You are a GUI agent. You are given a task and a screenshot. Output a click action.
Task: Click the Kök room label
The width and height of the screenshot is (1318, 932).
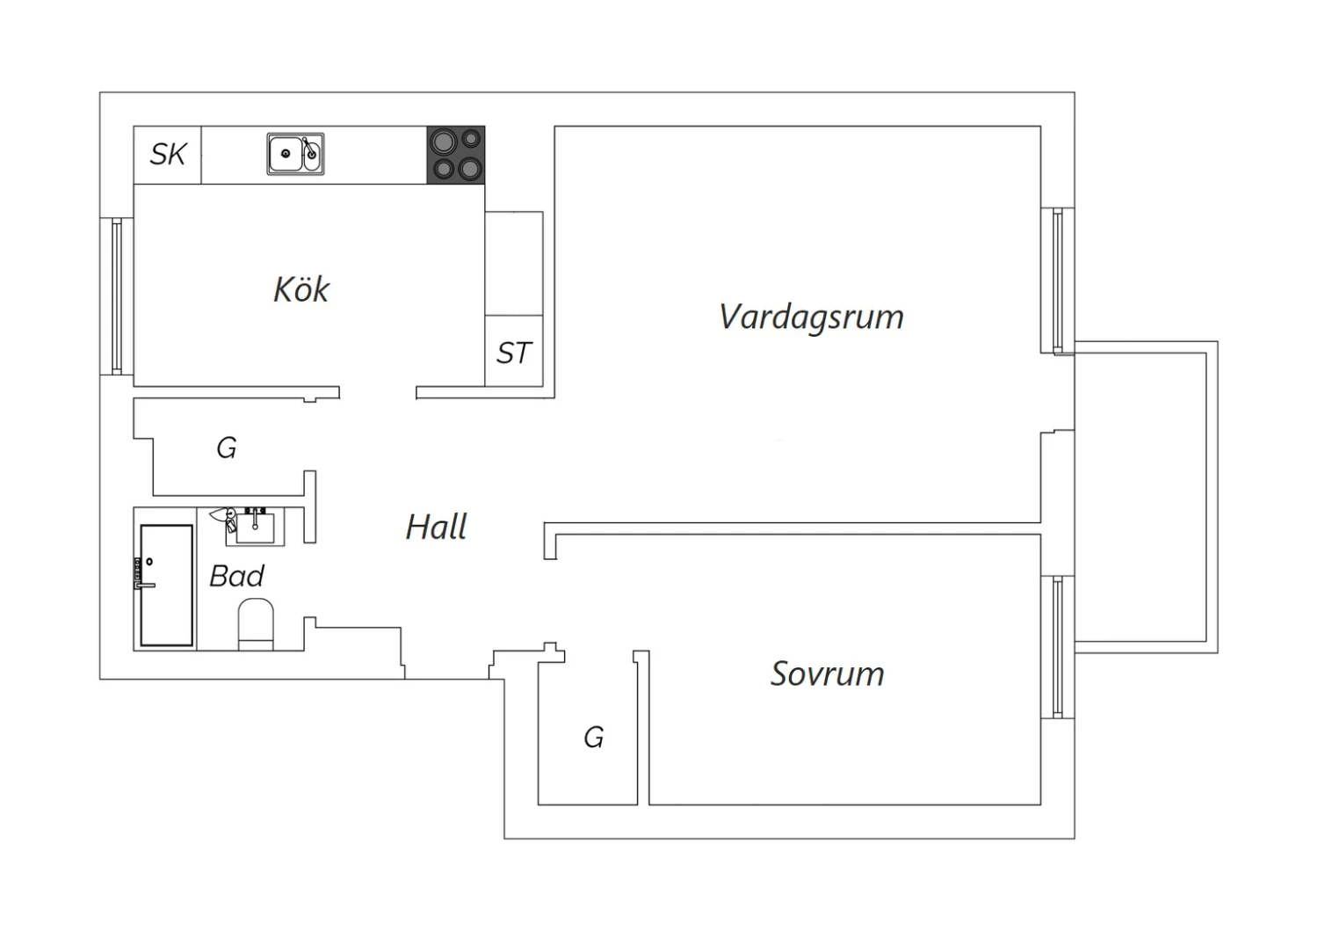pos(301,289)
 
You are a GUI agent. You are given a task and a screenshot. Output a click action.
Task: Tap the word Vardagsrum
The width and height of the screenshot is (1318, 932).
pos(811,317)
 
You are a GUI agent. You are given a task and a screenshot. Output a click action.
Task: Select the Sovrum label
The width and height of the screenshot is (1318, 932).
pos(828,674)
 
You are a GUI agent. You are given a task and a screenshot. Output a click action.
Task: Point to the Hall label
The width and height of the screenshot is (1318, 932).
pos(436,527)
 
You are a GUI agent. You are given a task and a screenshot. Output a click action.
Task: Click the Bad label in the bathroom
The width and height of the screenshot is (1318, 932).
pos(236,576)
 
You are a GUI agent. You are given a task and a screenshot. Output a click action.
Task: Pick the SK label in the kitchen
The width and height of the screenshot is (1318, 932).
pos(168,154)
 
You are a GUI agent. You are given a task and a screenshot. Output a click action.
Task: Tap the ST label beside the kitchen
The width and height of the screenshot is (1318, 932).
pos(514,353)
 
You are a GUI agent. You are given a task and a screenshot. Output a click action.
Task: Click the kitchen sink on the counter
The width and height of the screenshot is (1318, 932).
pos(295,154)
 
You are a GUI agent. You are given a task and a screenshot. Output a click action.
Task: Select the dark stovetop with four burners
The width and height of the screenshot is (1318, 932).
pos(456,155)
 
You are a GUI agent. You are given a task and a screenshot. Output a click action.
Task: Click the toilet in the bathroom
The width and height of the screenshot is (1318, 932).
pos(256,624)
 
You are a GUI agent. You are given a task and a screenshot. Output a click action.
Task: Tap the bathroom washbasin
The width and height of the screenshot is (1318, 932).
pos(255,526)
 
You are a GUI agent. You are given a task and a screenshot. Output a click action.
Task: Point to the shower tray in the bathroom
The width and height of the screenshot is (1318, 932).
pos(167,586)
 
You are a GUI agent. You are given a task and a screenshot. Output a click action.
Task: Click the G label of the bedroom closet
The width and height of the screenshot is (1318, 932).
pos(594,737)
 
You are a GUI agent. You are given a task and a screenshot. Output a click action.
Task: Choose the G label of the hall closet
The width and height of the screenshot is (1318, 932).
pos(227,448)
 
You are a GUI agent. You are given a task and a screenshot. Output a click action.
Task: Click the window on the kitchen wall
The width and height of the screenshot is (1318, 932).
pos(117,296)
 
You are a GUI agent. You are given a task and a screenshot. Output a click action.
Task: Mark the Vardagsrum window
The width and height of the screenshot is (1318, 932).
pos(1057,280)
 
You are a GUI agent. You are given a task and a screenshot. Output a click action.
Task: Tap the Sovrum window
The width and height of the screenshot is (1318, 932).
pos(1057,647)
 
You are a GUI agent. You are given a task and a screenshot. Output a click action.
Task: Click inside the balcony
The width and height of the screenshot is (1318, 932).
pos(1140,498)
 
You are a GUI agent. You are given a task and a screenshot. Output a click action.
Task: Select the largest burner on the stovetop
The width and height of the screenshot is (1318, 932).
pos(443,142)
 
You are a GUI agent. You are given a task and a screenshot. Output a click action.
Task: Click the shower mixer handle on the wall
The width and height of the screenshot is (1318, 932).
pos(145,586)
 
